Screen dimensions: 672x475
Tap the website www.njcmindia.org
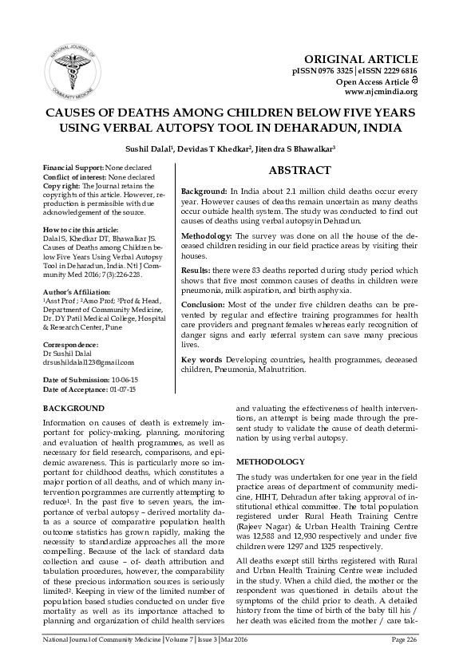pos(382,92)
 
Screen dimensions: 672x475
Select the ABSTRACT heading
pos(300,170)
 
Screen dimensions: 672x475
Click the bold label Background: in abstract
pos(203,194)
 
